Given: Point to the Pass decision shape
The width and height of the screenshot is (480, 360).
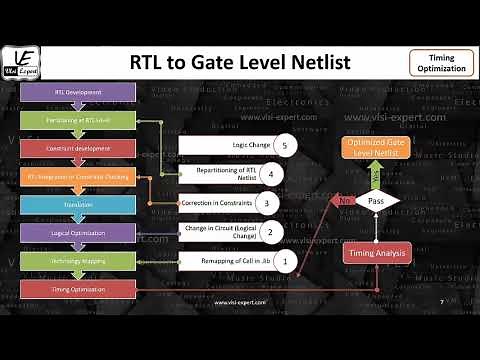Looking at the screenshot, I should [x=377, y=202].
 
